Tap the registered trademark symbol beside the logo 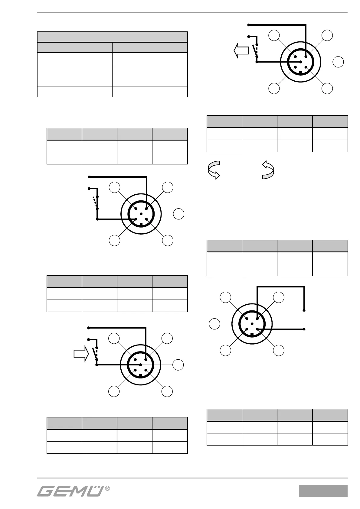click(x=107, y=488)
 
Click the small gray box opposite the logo click(x=323, y=491)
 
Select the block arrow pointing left click(x=241, y=50)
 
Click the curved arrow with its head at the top click(x=268, y=170)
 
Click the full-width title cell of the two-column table click(x=112, y=37)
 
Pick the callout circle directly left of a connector click(x=214, y=324)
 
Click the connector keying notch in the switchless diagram click(x=252, y=334)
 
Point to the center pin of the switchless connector click(x=252, y=324)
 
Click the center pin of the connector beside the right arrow click(x=141, y=365)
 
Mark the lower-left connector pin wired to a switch click(x=136, y=219)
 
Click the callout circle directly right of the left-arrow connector click(x=339, y=62)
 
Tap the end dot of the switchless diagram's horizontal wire click(x=304, y=329)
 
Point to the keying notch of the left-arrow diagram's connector click(x=301, y=72)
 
